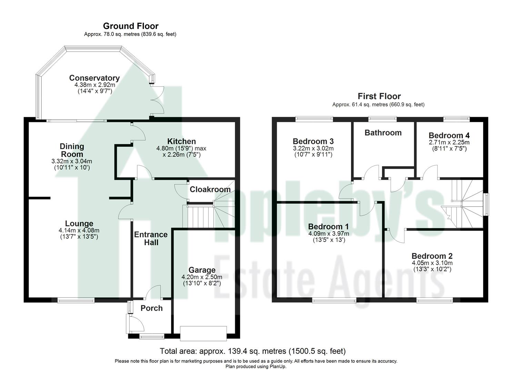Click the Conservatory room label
click(x=94, y=78)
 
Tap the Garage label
click(x=202, y=270)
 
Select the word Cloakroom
click(x=210, y=189)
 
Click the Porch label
click(x=151, y=308)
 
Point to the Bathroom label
click(x=383, y=133)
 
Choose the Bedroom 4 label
click(x=449, y=135)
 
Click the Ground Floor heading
click(x=131, y=26)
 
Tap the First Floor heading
click(x=379, y=96)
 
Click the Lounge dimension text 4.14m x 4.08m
click(x=79, y=230)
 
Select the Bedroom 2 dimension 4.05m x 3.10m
click(x=432, y=263)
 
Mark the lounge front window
click(x=76, y=300)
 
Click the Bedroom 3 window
click(x=314, y=119)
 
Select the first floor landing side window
click(x=486, y=205)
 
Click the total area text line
click(x=252, y=351)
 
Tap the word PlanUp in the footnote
click(x=278, y=366)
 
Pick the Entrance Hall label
click(x=151, y=238)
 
